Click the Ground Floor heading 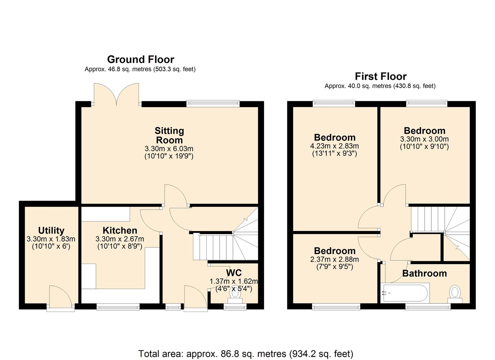click(x=140, y=60)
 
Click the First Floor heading click(x=380, y=76)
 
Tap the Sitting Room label click(x=169, y=135)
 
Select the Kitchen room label click(x=120, y=230)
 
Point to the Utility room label click(x=51, y=230)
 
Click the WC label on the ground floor click(x=234, y=273)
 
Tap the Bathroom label click(x=424, y=273)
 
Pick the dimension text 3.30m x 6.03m click(x=169, y=149)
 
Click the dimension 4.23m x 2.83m click(x=334, y=146)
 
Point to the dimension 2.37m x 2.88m click(x=334, y=259)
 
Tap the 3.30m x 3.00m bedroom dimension click(x=424, y=139)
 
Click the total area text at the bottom click(x=246, y=353)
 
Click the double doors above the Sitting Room click(x=116, y=94)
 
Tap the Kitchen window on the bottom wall click(x=118, y=307)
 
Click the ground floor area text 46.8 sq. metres click(x=140, y=69)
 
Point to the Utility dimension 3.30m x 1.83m click(x=51, y=239)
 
